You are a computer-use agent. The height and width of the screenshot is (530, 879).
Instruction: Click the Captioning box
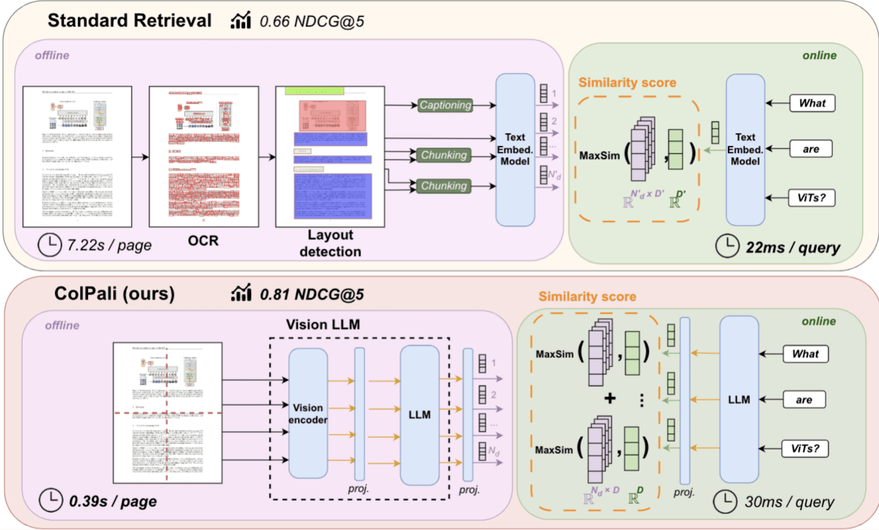point(445,105)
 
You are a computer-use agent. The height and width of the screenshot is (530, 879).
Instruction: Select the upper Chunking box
point(443,155)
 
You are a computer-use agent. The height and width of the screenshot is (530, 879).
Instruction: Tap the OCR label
point(203,241)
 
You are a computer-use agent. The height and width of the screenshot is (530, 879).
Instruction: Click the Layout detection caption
point(330,243)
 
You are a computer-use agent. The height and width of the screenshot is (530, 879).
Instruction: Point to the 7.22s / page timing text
point(109,245)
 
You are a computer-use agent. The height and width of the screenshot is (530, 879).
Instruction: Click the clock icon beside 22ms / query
point(727,246)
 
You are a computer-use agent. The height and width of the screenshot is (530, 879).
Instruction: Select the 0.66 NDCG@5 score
point(311,21)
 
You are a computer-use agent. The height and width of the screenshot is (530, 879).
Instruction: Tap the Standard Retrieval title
point(130,20)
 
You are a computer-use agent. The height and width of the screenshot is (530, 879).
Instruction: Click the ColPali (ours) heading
point(114,293)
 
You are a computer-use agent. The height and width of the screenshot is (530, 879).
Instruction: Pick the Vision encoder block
point(308,414)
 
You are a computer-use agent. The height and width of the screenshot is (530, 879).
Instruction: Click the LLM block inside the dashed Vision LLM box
point(419,415)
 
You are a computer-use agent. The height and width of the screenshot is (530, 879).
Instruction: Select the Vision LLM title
point(323,325)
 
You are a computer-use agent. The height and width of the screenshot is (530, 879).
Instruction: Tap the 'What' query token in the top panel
point(812,103)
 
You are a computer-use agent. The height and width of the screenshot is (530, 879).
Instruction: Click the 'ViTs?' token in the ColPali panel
point(805,449)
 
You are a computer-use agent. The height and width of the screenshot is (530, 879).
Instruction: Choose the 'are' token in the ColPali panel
point(804,400)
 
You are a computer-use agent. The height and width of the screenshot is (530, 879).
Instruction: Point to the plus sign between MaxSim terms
point(610,398)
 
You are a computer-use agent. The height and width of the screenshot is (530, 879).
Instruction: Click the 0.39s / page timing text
point(113,501)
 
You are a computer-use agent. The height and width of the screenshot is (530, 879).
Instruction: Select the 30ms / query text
point(789,501)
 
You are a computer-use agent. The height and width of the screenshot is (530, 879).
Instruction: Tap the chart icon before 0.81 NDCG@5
point(241,293)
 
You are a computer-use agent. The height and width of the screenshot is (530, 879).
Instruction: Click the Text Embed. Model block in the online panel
point(745,149)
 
